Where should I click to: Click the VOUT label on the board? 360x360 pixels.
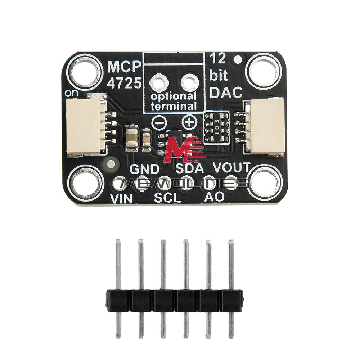click(231, 167)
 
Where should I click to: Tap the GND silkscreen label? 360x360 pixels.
click(144, 168)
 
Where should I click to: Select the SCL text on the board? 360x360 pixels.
click(167, 197)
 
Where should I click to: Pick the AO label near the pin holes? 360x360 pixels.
click(214, 197)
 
